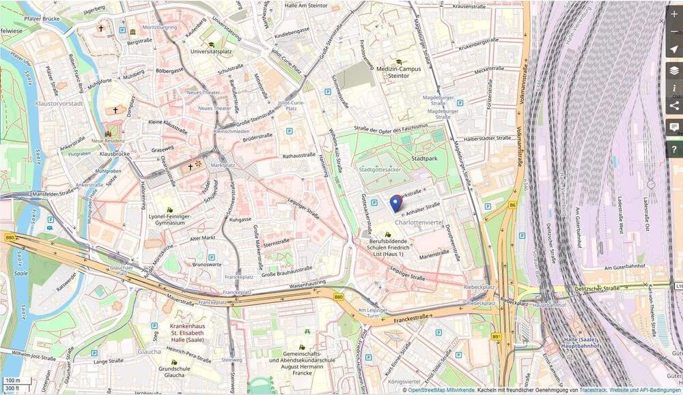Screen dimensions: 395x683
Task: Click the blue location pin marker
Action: pyautogui.click(x=396, y=203)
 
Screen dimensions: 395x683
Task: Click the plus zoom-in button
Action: pyautogui.click(x=674, y=14)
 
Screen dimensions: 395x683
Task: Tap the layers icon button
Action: pyautogui.click(x=674, y=70)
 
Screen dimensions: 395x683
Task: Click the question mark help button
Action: pyautogui.click(x=674, y=149)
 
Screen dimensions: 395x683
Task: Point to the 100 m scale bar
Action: pyautogui.click(x=13, y=379)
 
